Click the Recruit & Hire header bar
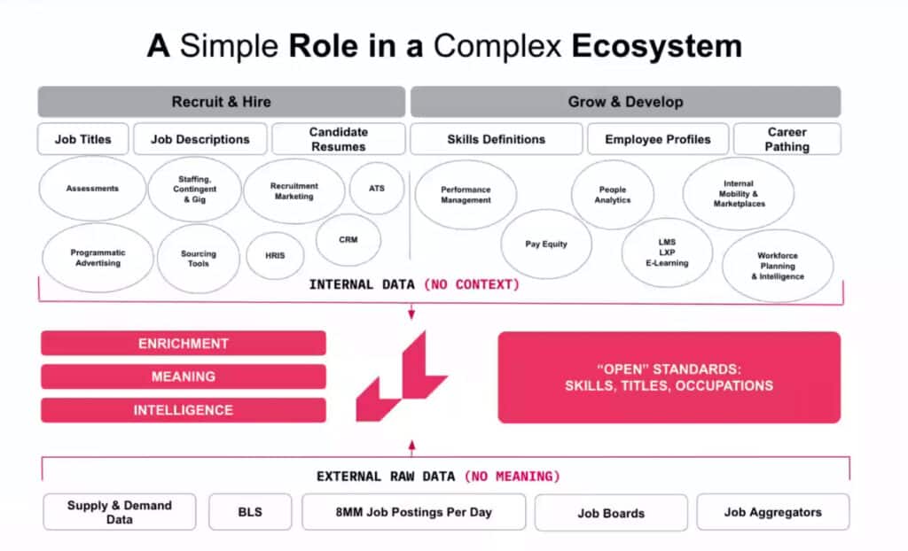pos(221,102)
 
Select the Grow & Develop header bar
pos(625,102)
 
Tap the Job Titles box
pos(83,139)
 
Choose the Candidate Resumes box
pos(338,139)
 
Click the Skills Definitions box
pos(496,139)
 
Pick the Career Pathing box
pos(787,139)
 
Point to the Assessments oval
pos(92,189)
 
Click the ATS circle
pos(377,189)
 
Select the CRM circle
pos(348,239)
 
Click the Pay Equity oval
pos(546,244)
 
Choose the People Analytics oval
pos(612,195)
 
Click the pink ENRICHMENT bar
pos(184,344)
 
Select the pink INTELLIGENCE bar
pos(184,410)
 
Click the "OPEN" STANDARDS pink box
pos(669,377)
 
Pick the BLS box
pos(250,512)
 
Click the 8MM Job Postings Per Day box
pos(413,512)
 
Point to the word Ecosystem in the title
pos(656,46)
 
